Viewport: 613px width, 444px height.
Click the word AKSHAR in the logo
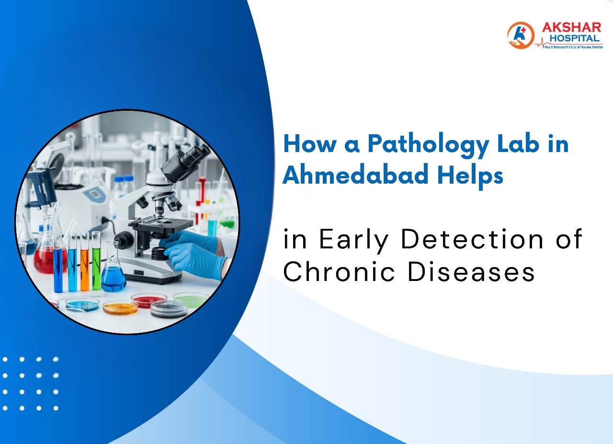pos(571,28)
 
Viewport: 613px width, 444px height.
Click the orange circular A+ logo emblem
pos(521,35)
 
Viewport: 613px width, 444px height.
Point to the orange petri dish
pos(120,307)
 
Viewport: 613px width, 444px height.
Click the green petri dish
pos(191,300)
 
